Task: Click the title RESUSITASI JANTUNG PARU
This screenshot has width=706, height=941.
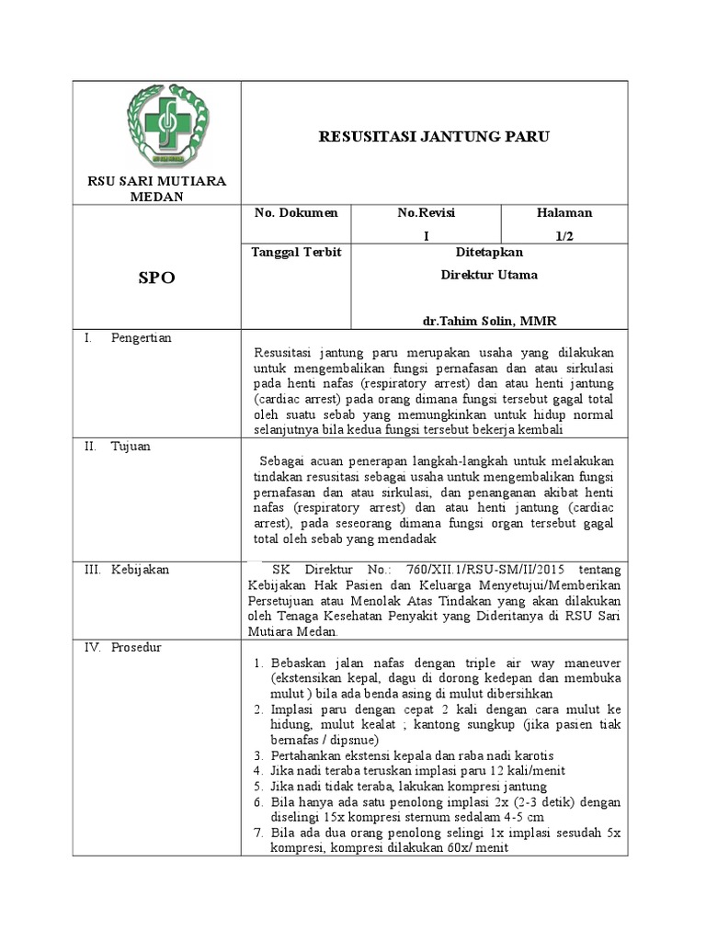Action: click(434, 138)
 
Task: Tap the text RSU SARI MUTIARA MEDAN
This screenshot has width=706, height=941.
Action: click(156, 189)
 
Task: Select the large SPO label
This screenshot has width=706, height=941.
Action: click(156, 278)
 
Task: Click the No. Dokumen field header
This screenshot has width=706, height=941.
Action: click(296, 213)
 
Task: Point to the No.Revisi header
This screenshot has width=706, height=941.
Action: click(427, 213)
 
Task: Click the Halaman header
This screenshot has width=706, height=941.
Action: click(564, 213)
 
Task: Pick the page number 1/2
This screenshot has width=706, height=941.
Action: click(564, 236)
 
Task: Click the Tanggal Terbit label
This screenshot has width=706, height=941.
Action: click(296, 253)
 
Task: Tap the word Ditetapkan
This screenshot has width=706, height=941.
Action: click(490, 253)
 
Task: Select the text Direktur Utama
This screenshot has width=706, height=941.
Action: click(490, 275)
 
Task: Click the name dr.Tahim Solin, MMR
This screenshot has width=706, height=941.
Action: click(490, 321)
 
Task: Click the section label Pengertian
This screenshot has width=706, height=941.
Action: click(141, 338)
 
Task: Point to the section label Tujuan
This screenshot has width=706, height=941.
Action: click(131, 447)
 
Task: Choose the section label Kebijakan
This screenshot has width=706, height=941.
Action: click(140, 570)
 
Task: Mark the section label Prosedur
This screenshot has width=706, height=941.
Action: click(136, 647)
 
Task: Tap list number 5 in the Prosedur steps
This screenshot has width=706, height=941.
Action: click(259, 787)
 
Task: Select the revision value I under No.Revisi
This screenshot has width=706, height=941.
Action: click(427, 236)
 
